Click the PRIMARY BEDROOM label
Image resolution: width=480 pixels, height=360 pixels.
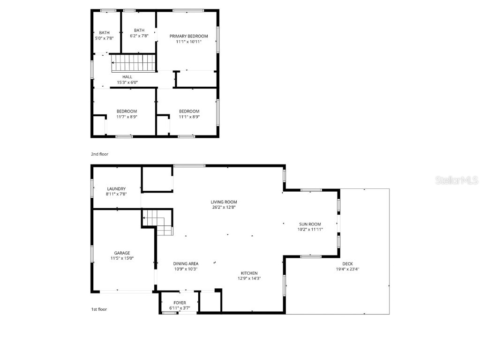coord(188,36)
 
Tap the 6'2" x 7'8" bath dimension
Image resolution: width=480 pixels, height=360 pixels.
coord(139,36)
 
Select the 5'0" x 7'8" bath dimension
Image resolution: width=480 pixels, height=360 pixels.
coord(104,38)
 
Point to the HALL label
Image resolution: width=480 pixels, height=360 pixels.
coord(127,77)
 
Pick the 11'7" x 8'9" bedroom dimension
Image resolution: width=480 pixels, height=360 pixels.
coord(127,117)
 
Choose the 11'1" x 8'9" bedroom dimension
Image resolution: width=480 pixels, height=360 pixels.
coord(189,117)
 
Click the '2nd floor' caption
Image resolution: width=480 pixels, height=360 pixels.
coord(99,154)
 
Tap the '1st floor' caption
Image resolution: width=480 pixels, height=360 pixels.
coord(99,309)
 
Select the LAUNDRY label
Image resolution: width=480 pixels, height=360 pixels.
coord(116,189)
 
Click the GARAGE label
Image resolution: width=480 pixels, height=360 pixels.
coord(122,253)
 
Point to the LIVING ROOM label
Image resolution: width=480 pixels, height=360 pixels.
coord(224,202)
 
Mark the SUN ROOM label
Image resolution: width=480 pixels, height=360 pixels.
coord(310,224)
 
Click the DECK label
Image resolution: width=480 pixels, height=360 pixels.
coord(347,264)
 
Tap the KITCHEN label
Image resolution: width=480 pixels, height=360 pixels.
coord(249,273)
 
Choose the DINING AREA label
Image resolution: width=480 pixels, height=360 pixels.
coord(186,263)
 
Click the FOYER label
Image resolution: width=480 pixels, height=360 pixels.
coord(180,303)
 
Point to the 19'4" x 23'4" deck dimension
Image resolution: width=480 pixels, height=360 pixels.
coord(347,269)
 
